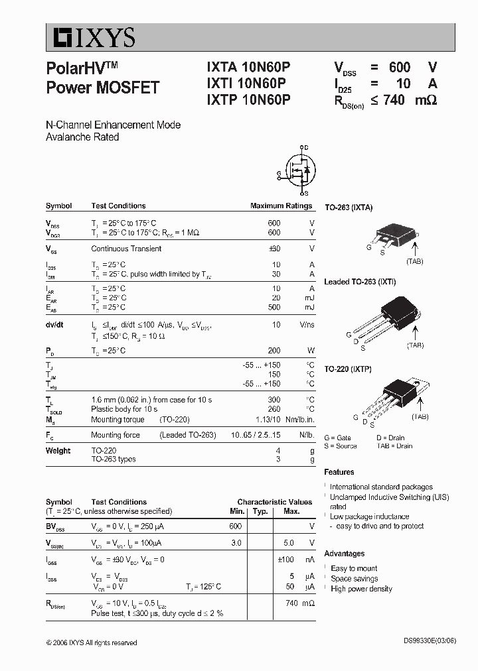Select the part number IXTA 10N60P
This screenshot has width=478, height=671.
(x=248, y=67)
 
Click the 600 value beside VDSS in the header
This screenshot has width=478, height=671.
(x=400, y=67)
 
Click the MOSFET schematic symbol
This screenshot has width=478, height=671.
(x=298, y=170)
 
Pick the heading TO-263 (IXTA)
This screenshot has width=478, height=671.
(x=348, y=208)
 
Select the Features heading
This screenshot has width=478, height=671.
(x=339, y=472)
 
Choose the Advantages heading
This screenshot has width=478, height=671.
(x=344, y=554)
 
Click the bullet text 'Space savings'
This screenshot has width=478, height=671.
(x=355, y=579)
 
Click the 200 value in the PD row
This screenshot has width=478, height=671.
(x=274, y=351)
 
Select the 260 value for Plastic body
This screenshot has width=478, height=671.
(x=274, y=409)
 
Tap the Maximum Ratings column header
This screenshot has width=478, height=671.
(x=281, y=206)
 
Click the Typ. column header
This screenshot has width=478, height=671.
(x=260, y=511)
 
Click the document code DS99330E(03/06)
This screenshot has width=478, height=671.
(x=429, y=642)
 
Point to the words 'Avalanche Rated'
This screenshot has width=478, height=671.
(x=82, y=137)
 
